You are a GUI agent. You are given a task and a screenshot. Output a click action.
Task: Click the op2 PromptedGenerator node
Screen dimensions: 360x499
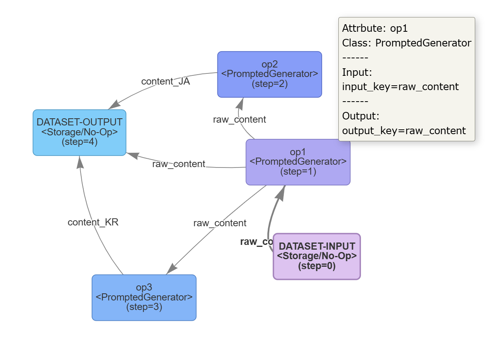pos(269,74)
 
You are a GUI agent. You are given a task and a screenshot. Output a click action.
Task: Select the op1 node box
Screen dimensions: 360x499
pos(298,162)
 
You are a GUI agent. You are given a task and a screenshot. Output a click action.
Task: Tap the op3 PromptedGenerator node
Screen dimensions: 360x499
pos(144,297)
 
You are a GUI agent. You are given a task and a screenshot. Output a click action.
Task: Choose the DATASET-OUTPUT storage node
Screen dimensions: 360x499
pos(79,132)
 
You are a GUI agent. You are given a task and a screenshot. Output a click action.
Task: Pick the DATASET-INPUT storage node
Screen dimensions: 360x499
pos(317,256)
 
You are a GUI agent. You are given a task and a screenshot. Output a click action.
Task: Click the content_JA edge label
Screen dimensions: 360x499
pos(165,81)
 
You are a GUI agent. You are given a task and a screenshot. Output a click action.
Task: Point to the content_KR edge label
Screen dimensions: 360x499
pos(93,222)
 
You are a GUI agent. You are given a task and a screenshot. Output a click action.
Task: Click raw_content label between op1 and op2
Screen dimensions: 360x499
pos(239,119)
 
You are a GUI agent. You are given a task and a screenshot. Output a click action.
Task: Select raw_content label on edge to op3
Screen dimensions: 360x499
pos(220,223)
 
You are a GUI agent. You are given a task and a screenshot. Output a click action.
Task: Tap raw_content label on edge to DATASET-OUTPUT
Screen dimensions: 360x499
pos(178,164)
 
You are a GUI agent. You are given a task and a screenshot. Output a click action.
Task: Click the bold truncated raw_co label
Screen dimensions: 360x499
pos(256,242)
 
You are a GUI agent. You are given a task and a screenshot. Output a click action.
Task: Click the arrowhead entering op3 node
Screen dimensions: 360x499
pos(172,269)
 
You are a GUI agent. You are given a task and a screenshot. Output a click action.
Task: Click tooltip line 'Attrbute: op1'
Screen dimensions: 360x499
pos(375,29)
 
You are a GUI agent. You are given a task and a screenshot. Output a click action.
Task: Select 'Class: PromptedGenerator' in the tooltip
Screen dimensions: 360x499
pos(407,43)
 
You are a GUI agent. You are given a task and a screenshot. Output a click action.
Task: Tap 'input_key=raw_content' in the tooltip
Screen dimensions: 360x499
pos(400,87)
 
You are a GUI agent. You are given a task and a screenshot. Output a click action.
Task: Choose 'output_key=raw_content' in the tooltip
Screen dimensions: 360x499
pos(404,131)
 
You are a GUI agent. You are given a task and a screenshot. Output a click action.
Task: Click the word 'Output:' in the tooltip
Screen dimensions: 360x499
pos(361,116)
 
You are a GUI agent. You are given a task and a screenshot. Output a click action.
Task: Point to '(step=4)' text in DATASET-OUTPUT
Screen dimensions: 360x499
pos(79,142)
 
